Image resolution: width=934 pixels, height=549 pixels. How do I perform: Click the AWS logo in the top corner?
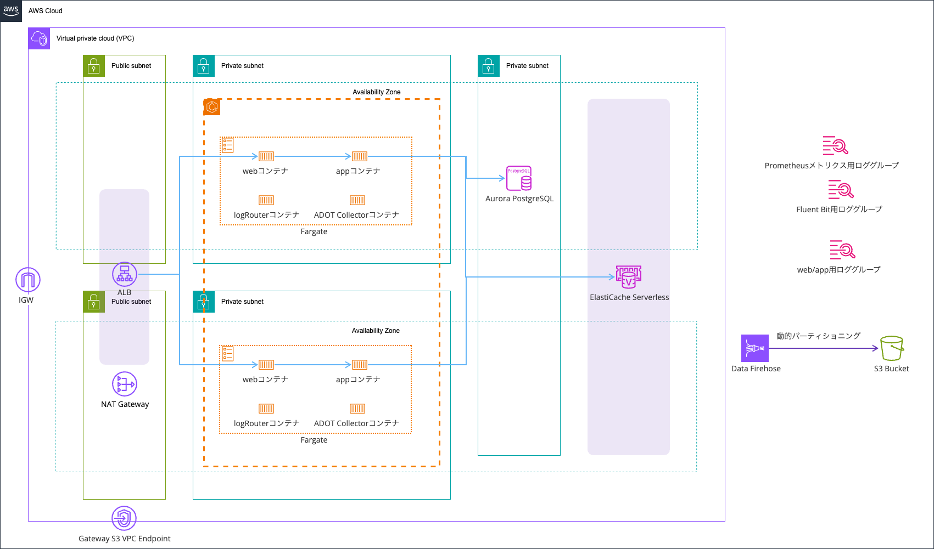11,10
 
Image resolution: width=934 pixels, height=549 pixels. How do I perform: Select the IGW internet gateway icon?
27,280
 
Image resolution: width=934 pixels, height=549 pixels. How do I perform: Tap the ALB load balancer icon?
125,274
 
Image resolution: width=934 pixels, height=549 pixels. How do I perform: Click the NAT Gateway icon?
125,384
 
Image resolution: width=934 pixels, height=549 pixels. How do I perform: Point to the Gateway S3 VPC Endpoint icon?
124,518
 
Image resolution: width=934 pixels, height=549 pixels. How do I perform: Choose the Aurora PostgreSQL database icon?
519,178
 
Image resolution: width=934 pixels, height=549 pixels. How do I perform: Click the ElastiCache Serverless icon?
629,277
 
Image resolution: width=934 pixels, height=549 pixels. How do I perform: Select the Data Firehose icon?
755,348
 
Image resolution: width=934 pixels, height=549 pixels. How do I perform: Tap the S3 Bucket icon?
892,348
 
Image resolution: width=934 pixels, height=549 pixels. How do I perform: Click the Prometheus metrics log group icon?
835,146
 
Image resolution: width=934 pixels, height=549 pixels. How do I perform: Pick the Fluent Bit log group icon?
841,190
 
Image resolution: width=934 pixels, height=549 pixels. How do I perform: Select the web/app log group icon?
842,250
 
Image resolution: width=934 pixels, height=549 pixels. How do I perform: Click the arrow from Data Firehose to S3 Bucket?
824,348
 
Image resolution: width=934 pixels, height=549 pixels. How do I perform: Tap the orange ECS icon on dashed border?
212,107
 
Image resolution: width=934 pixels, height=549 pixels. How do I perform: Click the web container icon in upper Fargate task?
266,156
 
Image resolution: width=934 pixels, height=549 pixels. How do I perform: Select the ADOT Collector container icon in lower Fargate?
357,409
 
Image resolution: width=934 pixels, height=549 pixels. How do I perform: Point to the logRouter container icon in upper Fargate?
266,200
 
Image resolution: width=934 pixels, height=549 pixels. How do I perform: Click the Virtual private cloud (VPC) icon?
39,38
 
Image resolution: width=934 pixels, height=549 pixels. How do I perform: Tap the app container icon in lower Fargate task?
360,365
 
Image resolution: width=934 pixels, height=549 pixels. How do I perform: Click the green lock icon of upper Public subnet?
94,66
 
